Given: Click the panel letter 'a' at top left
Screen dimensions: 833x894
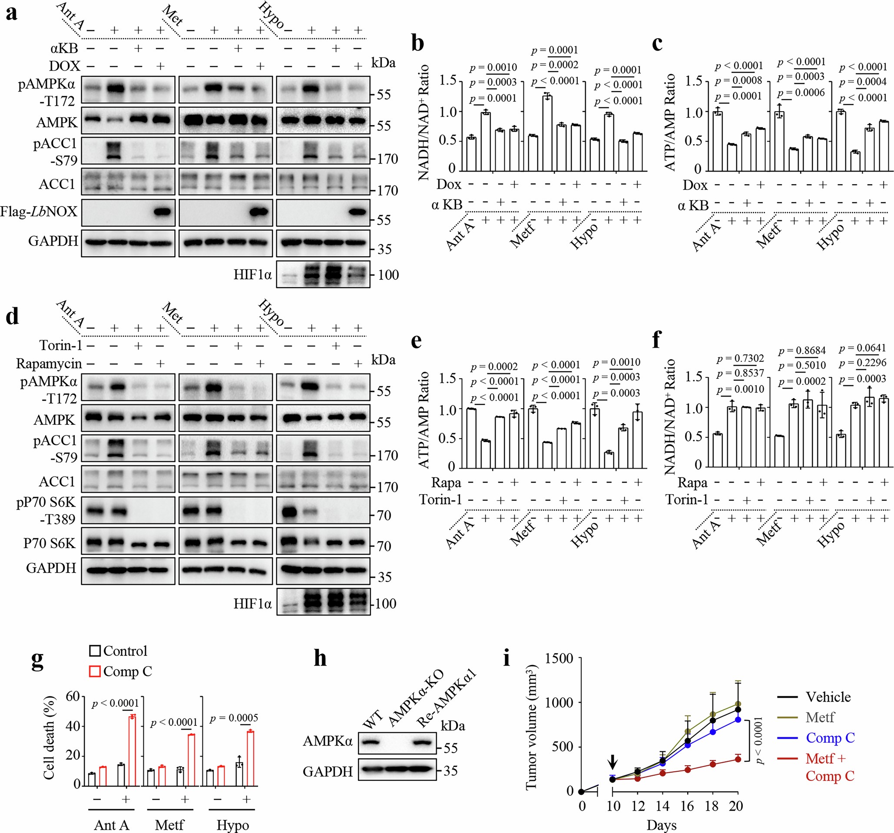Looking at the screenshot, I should point(12,13).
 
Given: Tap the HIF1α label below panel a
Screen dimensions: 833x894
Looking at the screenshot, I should point(252,274).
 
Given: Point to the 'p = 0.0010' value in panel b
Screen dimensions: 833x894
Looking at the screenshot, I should point(493,67).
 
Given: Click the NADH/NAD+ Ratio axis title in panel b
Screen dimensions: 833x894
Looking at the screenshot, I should point(424,122).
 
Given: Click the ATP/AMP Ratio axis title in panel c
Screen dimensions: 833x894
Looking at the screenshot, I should point(669,122).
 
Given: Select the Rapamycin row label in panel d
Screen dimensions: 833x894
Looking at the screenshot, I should point(49,363).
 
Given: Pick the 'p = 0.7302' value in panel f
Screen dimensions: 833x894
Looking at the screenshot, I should point(740,358).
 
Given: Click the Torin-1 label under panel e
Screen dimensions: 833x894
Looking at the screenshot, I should point(440,499).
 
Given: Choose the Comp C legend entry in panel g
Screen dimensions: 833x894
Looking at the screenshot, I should point(120,671).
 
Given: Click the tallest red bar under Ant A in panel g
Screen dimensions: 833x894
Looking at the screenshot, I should point(132,750).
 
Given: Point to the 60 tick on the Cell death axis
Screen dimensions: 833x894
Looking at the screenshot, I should point(73,696).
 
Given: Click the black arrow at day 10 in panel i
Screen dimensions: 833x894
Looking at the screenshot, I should point(613,761).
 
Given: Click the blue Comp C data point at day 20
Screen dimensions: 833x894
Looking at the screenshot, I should point(738,719).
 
